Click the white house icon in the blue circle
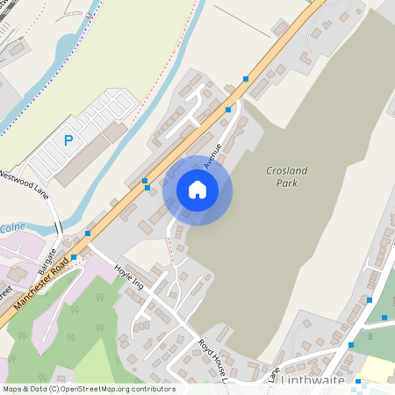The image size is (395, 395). tap(197, 190)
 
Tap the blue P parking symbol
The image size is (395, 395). tap(68, 139)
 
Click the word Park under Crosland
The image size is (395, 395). tap(286, 183)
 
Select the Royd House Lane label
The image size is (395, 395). tap(213, 360)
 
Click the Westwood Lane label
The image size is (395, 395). tap(24, 186)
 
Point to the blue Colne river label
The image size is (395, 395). tap(11, 227)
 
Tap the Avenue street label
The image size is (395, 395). tap(212, 154)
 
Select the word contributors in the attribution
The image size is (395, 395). tap(154, 389)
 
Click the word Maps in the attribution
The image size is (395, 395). tap(13, 389)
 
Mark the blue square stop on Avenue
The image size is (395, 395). tap(228, 110)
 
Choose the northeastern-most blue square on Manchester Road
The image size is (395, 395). tap(245, 79)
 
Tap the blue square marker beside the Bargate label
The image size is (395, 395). tap(74, 257)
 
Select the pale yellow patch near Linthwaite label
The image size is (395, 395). tap(376, 369)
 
